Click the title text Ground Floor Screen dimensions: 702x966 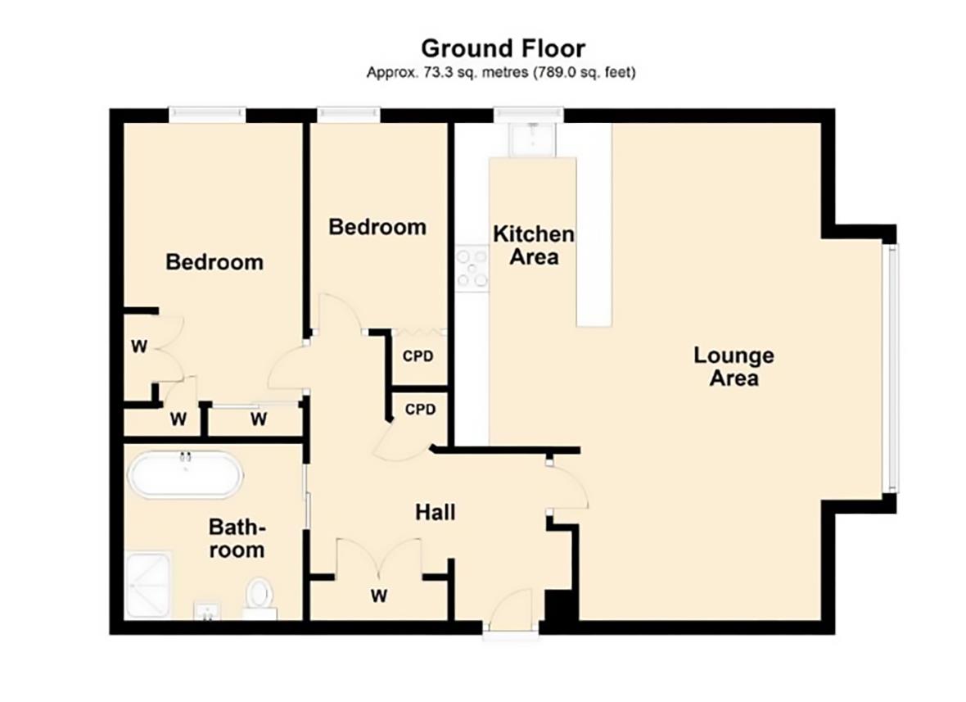(x=503, y=48)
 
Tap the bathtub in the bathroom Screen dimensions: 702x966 (x=186, y=475)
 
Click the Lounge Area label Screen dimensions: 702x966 (x=734, y=367)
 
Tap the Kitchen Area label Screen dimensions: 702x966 (x=533, y=245)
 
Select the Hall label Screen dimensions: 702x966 (x=435, y=514)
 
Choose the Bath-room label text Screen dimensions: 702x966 (x=237, y=537)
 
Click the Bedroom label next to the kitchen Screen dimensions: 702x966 (x=377, y=226)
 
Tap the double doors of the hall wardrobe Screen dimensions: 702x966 (x=378, y=557)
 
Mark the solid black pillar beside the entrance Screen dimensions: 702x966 (x=561, y=609)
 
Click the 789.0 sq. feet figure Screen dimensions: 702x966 (x=585, y=73)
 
